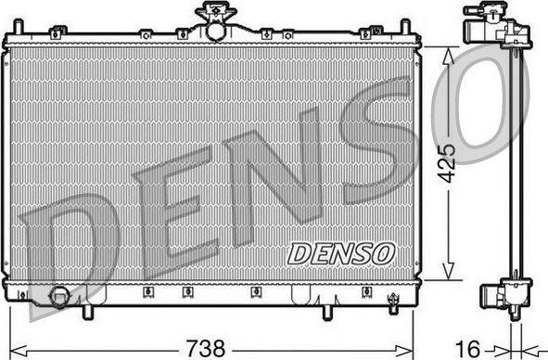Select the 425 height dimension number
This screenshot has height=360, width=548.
tap(448, 163)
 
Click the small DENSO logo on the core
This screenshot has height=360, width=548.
tap(340, 251)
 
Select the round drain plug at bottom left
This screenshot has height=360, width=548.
tap(59, 298)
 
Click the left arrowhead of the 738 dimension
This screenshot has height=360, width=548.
tap(14, 350)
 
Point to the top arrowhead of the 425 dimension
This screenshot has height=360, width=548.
tap(449, 54)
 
